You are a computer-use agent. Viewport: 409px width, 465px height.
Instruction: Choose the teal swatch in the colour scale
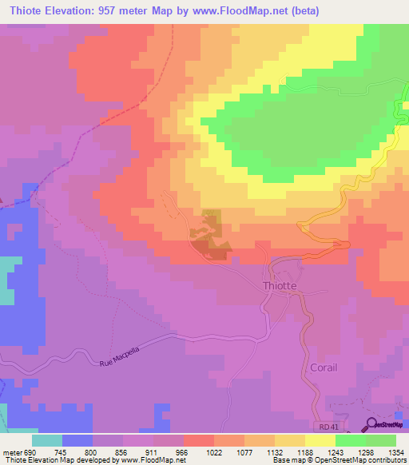coord(47,439)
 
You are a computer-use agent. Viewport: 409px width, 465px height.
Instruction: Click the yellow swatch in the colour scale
coord(320,439)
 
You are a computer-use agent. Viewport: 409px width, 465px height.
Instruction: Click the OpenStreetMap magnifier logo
coord(372,425)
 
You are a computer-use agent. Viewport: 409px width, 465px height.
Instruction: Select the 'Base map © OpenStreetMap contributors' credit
coord(339,460)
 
